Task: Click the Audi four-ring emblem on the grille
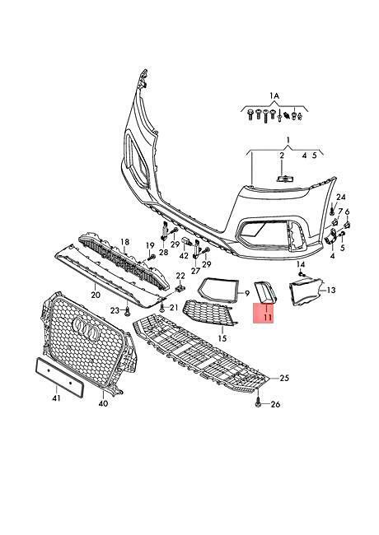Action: point(87,330)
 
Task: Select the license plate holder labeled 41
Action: point(60,377)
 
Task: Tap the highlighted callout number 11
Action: point(267,318)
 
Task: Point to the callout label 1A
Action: point(274,95)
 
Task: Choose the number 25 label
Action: point(284,378)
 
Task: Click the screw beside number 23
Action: point(128,311)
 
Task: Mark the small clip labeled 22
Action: point(180,288)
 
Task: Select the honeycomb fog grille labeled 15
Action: point(209,312)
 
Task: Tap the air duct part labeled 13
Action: point(305,291)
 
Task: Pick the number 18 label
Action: point(125,242)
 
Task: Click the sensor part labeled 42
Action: point(186,242)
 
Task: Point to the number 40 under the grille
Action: point(103,403)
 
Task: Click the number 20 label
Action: point(96,294)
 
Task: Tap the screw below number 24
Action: point(331,210)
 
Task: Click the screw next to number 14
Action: point(301,273)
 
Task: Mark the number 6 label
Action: point(347,212)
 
